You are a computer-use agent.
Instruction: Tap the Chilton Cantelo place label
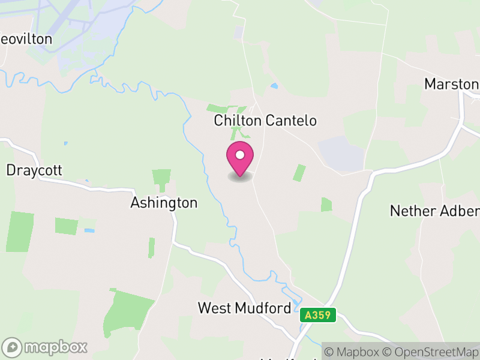(265, 121)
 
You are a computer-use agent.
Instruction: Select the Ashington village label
(164, 203)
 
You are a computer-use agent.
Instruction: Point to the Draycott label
(34, 170)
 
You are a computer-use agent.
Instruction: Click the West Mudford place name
(245, 308)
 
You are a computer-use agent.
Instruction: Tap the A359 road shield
(317, 315)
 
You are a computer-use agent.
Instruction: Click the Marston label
(451, 84)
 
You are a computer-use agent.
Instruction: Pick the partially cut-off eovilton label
(26, 39)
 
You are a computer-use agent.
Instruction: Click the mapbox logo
(46, 347)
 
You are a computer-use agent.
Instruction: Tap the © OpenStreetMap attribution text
(431, 352)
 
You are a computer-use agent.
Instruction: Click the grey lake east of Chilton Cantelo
(341, 154)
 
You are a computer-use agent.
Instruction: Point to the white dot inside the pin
(240, 155)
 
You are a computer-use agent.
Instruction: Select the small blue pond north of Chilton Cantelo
(274, 86)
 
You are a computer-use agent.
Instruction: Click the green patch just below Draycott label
(22, 231)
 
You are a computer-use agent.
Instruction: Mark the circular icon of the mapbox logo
(12, 347)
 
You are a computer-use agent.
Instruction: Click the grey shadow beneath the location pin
(240, 178)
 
